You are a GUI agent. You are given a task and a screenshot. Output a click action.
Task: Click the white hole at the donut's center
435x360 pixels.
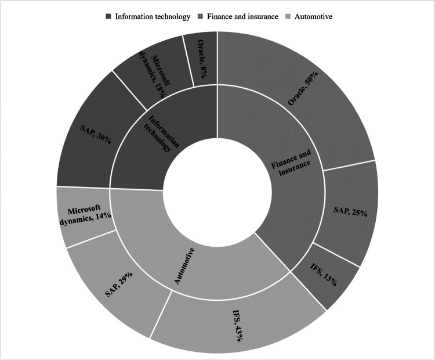tap(217, 193)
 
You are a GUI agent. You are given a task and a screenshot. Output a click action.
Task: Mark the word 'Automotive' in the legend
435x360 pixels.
tap(314, 16)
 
